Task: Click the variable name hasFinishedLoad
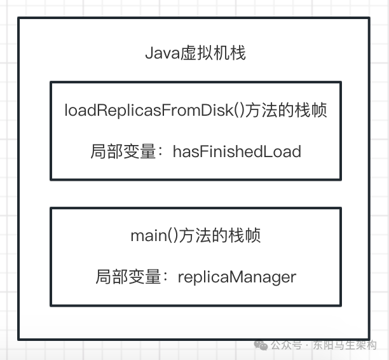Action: (236, 151)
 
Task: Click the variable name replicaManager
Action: (237, 277)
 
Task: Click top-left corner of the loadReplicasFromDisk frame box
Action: (51, 82)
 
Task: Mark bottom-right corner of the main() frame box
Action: (340, 305)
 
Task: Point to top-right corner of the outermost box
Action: (369, 18)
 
